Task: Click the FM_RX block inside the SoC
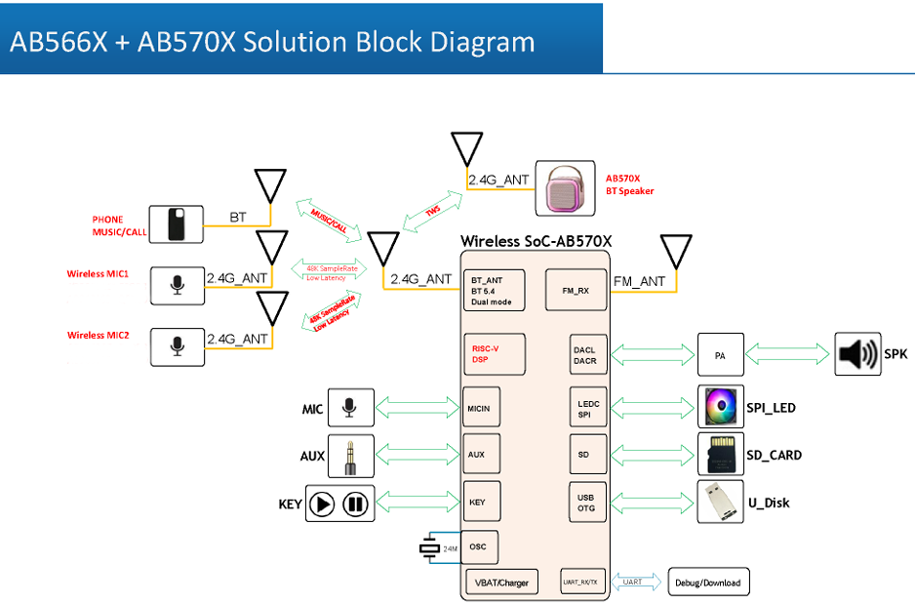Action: (x=575, y=290)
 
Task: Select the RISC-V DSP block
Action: (x=493, y=353)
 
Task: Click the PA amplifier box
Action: (x=720, y=355)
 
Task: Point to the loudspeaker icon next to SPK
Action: (x=857, y=354)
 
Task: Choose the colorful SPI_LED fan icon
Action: (x=723, y=407)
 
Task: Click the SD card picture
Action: (x=723, y=455)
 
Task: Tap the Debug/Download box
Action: (x=708, y=583)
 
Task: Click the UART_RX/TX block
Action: (x=584, y=583)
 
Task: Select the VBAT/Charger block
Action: (x=501, y=583)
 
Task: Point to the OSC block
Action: (x=479, y=546)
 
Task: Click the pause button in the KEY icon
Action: (x=355, y=504)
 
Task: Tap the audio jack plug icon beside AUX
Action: (x=350, y=456)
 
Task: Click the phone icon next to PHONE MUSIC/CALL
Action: (x=176, y=224)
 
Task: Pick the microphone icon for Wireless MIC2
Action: (x=177, y=346)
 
